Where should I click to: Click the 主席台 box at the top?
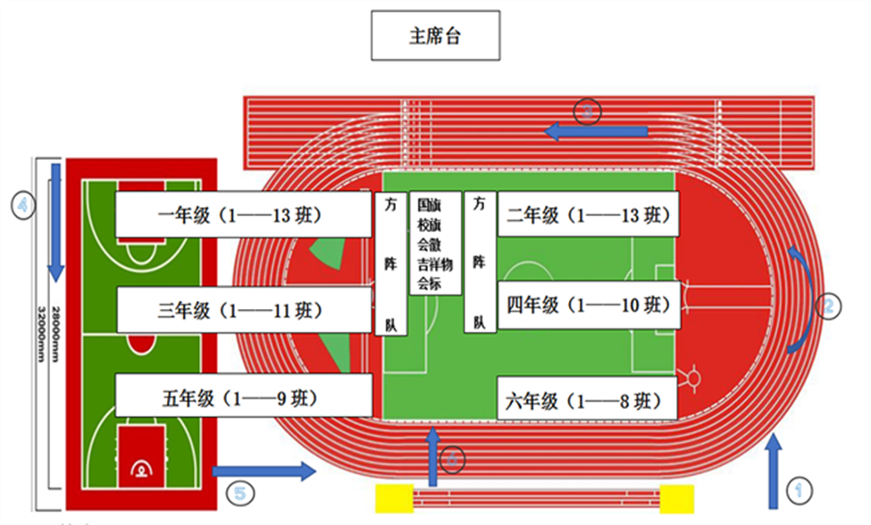point(435,37)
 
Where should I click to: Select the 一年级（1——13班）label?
point(243,216)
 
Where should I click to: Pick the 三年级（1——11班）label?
point(243,311)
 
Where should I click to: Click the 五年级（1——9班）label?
point(243,398)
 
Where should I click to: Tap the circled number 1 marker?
point(800,489)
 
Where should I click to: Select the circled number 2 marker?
point(828,306)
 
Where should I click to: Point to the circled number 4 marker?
point(23,204)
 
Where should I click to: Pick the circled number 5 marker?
point(239,492)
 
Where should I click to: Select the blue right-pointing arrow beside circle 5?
point(264,471)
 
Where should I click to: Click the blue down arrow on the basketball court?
point(56,219)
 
